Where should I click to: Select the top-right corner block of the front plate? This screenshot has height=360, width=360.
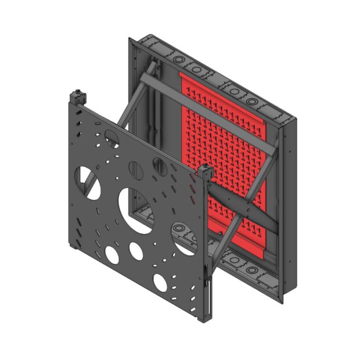click(205, 172)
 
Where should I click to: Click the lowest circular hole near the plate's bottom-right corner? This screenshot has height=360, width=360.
click(160, 282)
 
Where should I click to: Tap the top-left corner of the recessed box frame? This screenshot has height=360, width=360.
click(131, 39)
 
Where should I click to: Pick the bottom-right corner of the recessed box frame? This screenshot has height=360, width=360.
click(295, 301)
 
